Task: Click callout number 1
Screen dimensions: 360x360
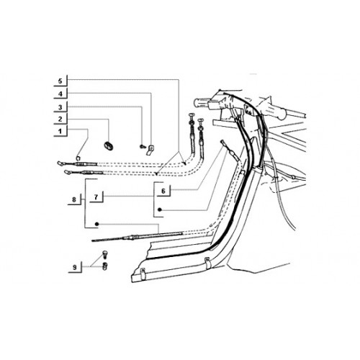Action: pos(60,131)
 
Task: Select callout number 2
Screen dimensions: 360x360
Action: pos(60,119)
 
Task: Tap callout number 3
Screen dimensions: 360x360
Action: pos(60,107)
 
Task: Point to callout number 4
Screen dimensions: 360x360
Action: pos(60,94)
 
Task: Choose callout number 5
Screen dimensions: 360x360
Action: pos(60,81)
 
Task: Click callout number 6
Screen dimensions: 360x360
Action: pos(163,191)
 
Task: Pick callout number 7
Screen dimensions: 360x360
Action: pos(96,197)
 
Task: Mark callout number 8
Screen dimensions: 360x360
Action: pos(74,199)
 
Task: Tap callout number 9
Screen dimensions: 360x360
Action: pos(75,267)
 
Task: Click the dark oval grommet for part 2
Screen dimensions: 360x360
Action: pos(109,145)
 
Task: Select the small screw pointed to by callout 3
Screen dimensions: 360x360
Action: pos(142,146)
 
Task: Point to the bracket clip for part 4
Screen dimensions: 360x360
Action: pos(150,150)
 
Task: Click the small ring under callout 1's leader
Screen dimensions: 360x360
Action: pos(78,158)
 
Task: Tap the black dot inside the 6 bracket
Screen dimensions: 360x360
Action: pos(159,210)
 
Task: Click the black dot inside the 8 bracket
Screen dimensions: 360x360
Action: pos(97,224)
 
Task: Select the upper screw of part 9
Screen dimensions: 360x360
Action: pos(104,254)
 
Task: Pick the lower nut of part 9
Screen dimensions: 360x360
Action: pos(104,266)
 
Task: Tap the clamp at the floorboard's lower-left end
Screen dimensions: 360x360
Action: pos(143,274)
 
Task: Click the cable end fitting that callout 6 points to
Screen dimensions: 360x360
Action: pos(223,143)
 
